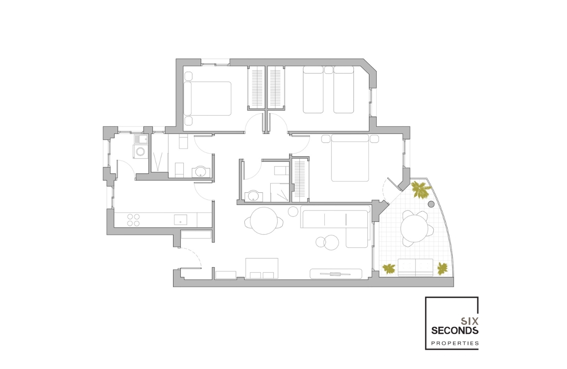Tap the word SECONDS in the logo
click(454, 330)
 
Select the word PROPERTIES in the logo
click(454, 343)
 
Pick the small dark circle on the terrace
click(431, 204)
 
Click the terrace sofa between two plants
click(415, 267)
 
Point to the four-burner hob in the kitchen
click(133, 220)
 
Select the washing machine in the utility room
click(140, 152)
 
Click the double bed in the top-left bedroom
click(207, 99)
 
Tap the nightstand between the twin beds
click(328, 70)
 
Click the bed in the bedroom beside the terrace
click(350, 158)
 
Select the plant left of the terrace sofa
click(388, 268)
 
